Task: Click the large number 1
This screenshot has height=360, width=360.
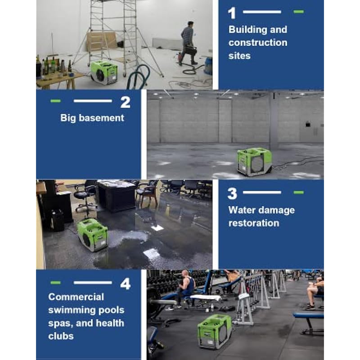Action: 232,13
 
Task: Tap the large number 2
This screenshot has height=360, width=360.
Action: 126,102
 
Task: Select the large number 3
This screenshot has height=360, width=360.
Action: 232,193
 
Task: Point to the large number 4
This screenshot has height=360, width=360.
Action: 126,284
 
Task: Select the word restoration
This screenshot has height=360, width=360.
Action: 254,223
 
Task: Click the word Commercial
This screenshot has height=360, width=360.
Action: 76,297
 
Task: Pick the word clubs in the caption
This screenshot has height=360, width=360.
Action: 61,336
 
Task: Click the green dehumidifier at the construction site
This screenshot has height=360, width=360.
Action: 104,72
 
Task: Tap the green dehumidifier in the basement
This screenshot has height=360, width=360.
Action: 254,162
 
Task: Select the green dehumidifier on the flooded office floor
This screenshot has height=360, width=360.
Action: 92,234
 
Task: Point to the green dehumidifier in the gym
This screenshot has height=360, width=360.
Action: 215,331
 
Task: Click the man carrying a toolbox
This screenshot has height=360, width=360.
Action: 188,43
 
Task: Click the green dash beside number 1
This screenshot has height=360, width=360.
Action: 298,12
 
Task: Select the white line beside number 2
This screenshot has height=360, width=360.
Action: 93,101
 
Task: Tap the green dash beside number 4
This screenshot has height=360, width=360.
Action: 55,283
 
